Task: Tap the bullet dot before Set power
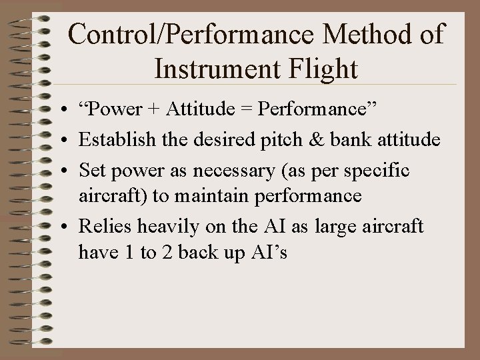coord(61,171)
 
